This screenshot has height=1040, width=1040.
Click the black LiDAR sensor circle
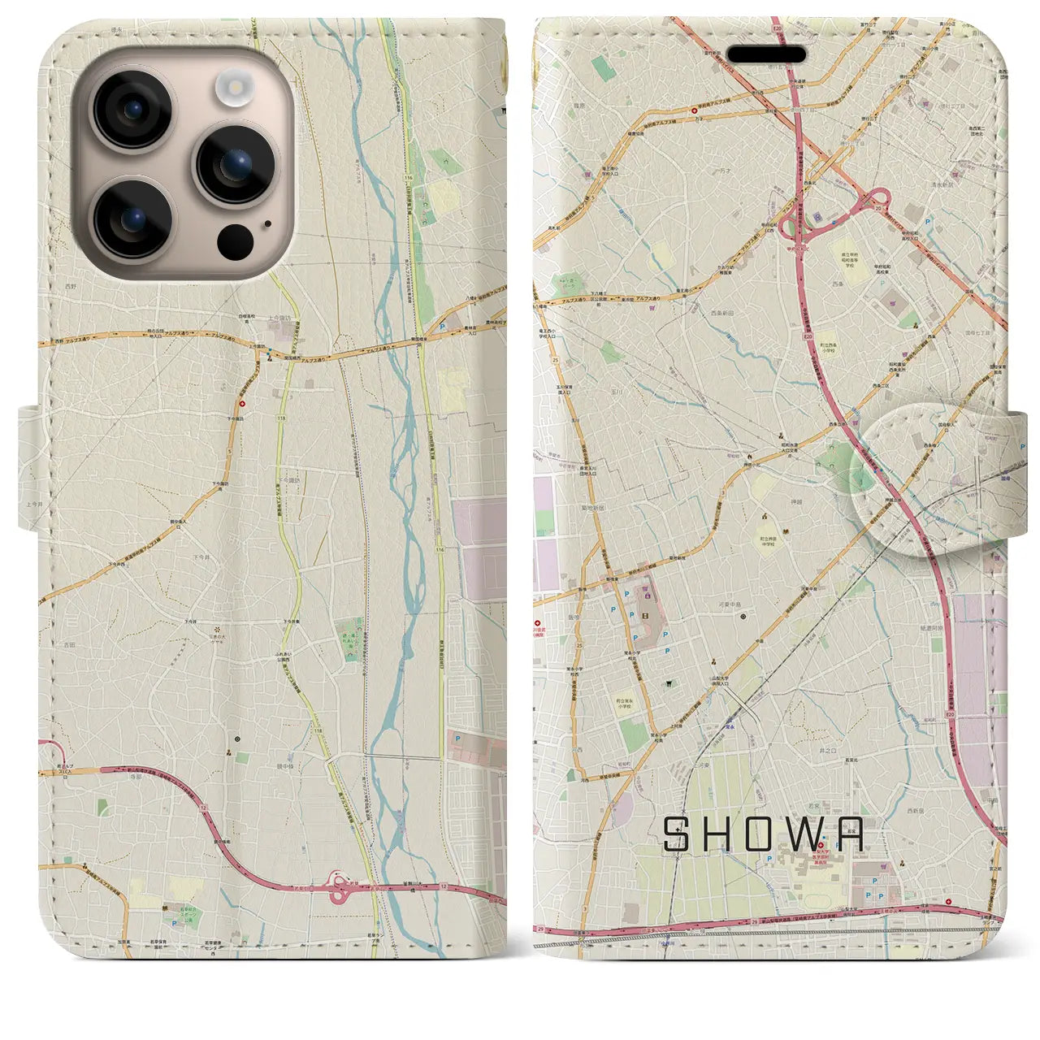[x=236, y=240]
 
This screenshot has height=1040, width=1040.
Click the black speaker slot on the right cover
[x=766, y=54]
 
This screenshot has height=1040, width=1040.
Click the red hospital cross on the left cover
[x=241, y=403]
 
